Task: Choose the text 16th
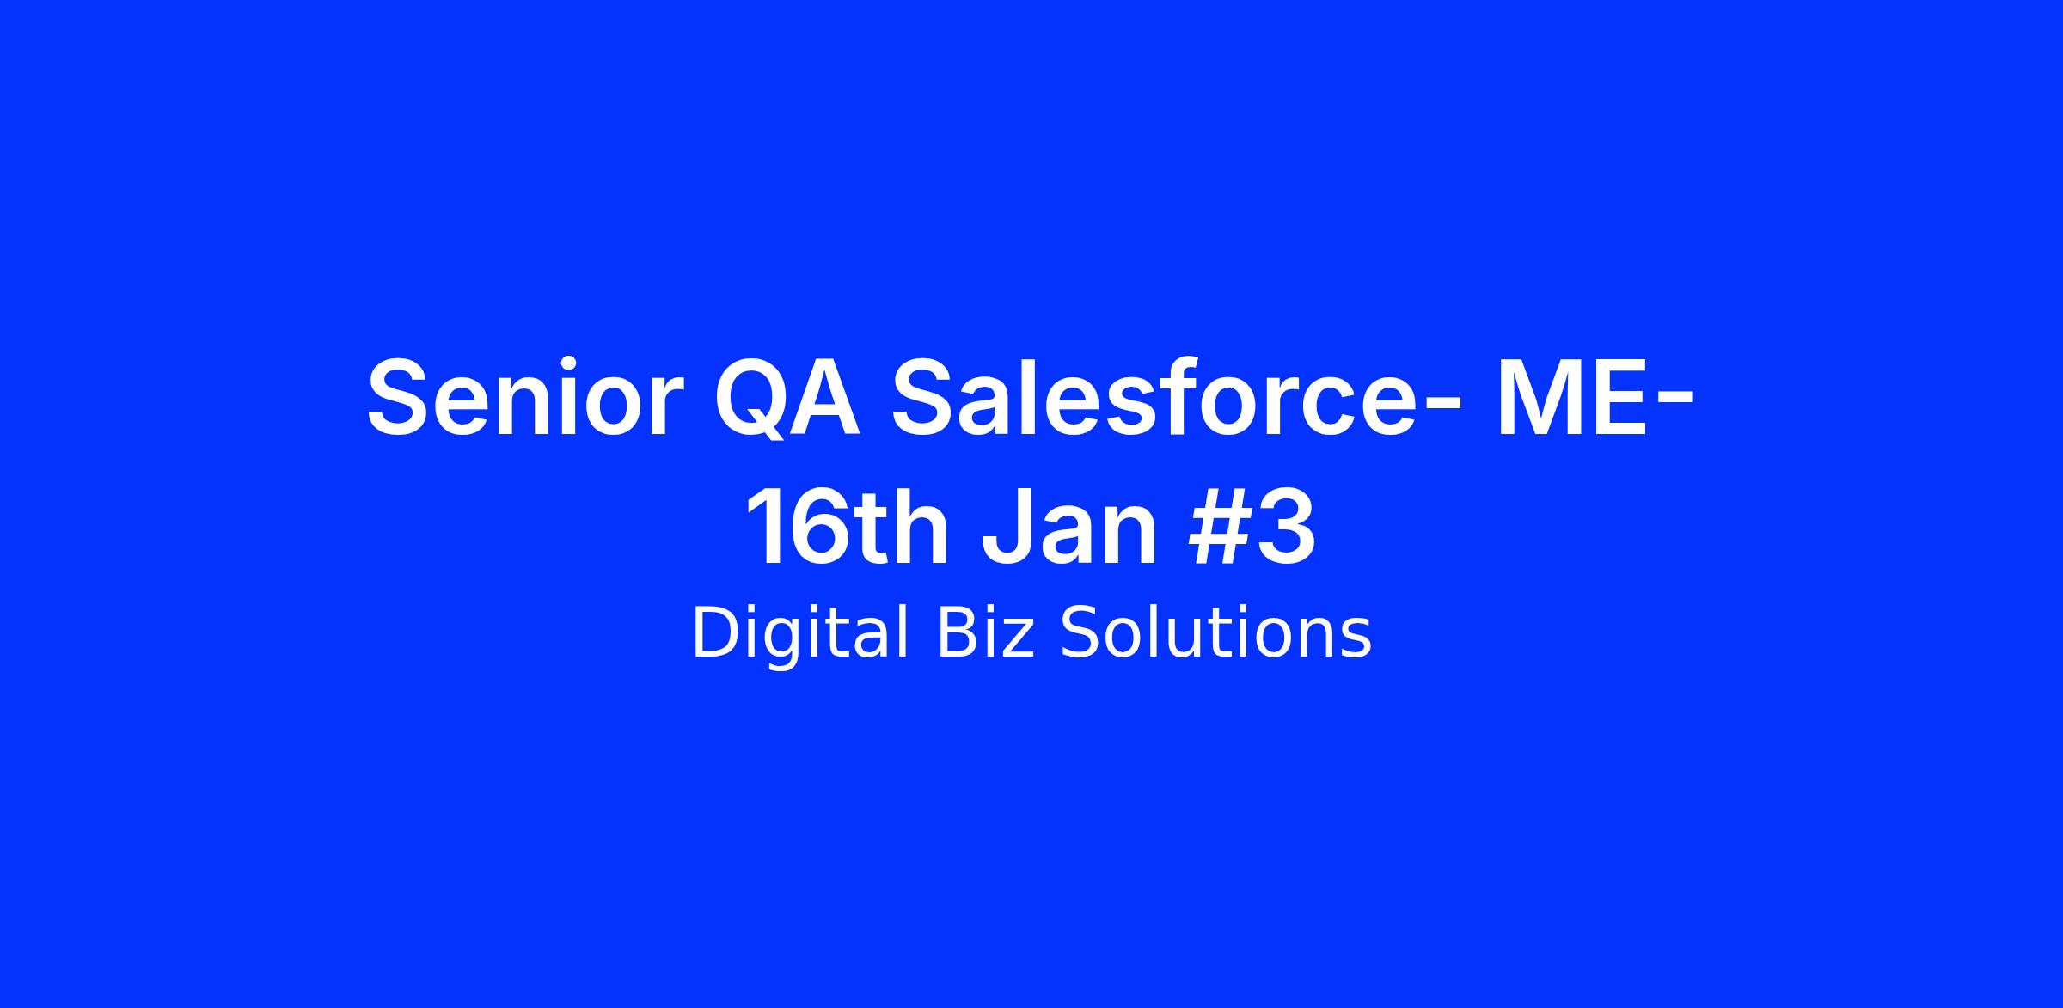click(x=848, y=527)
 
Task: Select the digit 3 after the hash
click(x=1285, y=527)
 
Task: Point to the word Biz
click(x=984, y=633)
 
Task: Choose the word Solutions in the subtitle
click(x=1215, y=633)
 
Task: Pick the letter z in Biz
click(x=1016, y=640)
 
